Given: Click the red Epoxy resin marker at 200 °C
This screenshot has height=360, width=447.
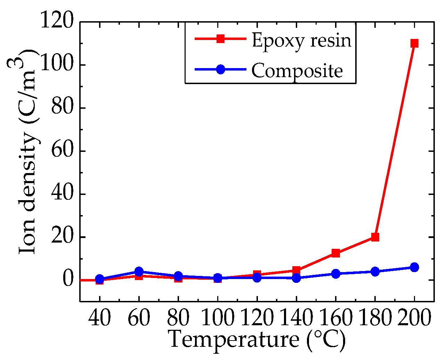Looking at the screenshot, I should (x=414, y=43).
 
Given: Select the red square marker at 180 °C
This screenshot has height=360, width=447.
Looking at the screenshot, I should (x=375, y=237).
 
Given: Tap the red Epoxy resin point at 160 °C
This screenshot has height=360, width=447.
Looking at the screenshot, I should (x=336, y=253).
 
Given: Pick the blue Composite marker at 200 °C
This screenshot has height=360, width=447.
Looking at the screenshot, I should (x=414, y=267).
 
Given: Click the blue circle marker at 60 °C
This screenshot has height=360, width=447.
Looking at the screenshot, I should (x=139, y=271).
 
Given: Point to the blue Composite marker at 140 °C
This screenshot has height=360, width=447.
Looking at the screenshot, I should (x=296, y=278).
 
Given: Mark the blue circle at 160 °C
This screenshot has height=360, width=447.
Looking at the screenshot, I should (x=336, y=274).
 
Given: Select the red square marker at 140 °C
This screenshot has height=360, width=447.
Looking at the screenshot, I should (x=296, y=270).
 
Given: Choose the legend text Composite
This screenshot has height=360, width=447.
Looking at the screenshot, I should (x=297, y=71).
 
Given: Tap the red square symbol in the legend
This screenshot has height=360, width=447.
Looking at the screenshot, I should (x=220, y=39).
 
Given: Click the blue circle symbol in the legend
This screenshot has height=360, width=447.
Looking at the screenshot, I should (x=220, y=69).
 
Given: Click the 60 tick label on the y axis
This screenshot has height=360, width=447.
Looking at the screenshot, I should (x=63, y=151).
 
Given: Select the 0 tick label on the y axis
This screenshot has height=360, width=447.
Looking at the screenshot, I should (x=68, y=280).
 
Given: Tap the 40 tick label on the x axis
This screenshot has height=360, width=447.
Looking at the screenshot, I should (x=100, y=318).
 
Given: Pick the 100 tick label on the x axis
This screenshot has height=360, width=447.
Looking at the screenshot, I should (x=218, y=318).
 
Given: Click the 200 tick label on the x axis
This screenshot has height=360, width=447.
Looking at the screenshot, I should (x=414, y=318).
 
